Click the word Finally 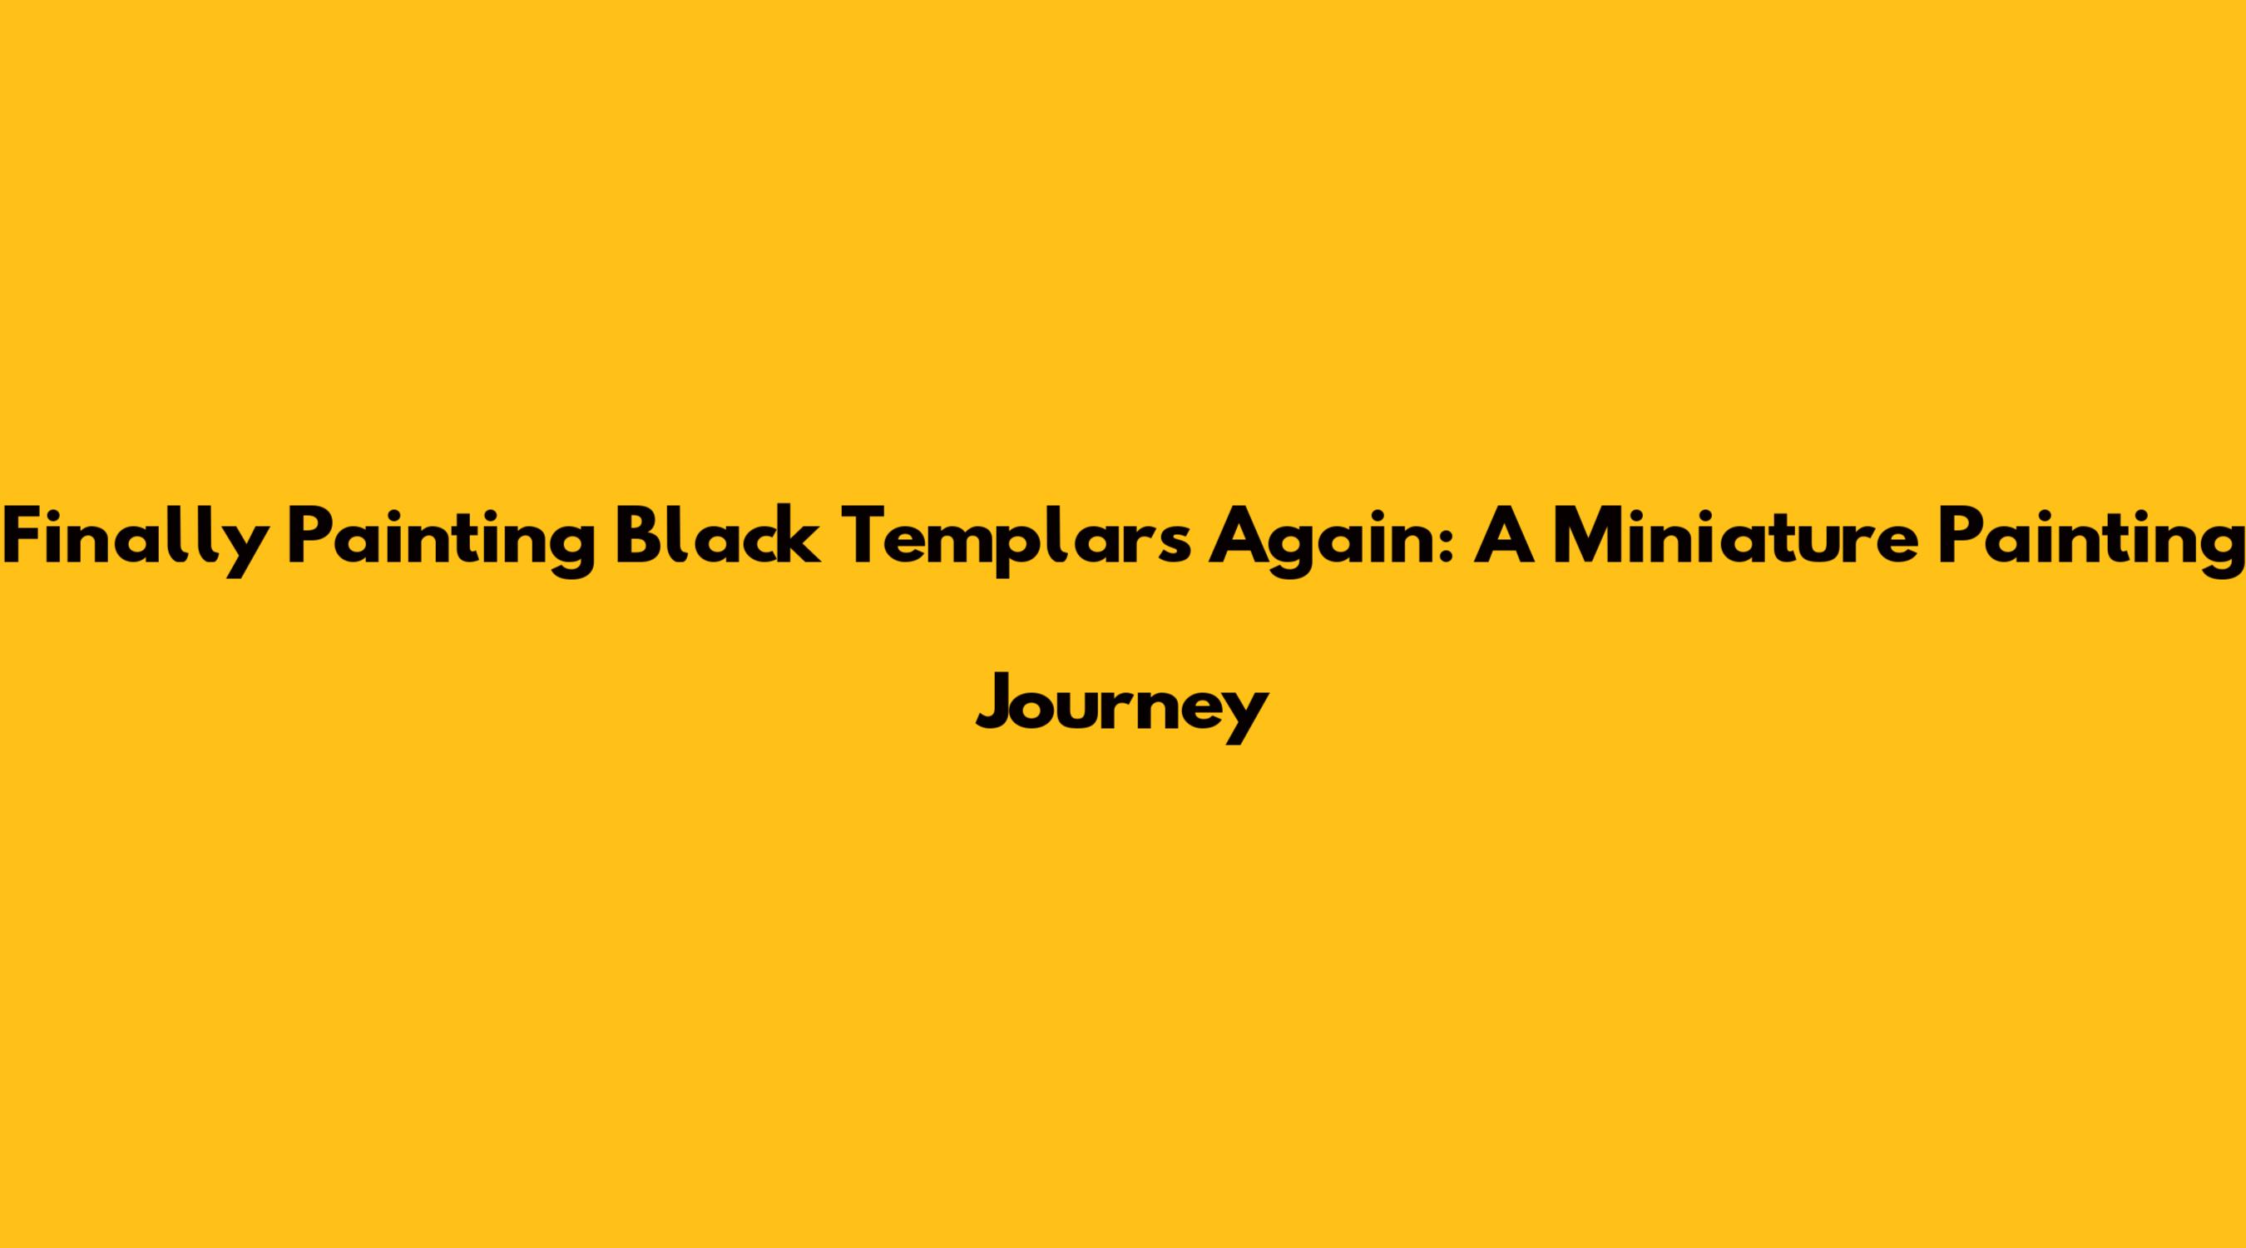pyautogui.click(x=135, y=538)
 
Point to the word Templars pyautogui.click(x=1015, y=538)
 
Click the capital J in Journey pyautogui.click(x=997, y=703)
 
